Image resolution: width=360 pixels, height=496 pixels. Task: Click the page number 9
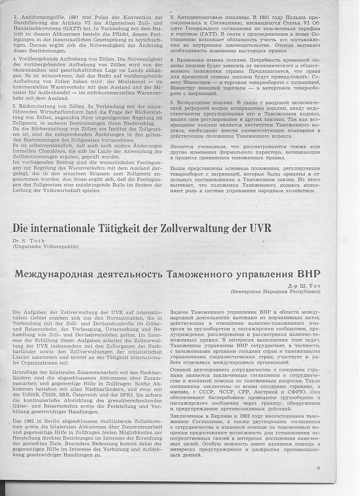tap(318, 468)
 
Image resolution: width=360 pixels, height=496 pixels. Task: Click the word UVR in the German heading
tap(259, 228)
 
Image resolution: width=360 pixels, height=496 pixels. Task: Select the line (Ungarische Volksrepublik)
tap(46, 246)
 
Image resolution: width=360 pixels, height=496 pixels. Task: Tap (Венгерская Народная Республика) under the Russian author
tap(275, 292)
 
